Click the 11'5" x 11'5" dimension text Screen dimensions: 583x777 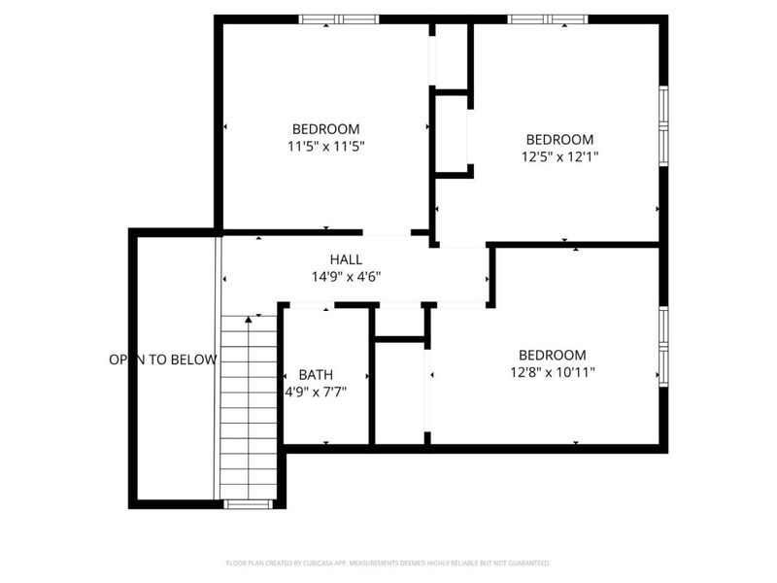click(325, 147)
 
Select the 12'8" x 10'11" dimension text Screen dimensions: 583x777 click(552, 371)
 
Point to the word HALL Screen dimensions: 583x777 click(346, 259)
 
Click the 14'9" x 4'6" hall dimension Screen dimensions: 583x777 click(346, 276)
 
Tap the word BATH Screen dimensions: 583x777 click(315, 375)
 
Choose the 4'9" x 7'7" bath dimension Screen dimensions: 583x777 click(315, 393)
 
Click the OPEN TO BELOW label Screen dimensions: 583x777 click(163, 360)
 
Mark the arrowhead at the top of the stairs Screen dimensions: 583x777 click(249, 318)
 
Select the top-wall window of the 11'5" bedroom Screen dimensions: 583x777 click(338, 18)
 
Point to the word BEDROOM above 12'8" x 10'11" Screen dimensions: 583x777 click(552, 355)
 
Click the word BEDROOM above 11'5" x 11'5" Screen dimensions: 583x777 click(325, 129)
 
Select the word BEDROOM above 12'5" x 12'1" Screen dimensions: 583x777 click(558, 139)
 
